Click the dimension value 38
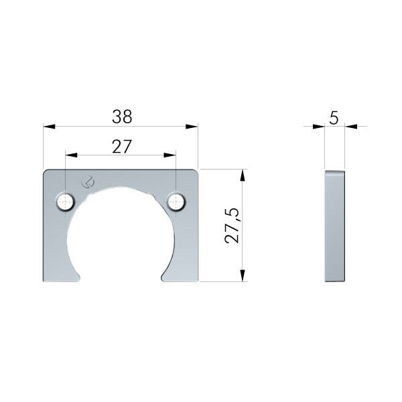tap(122, 117)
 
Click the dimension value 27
tap(122, 147)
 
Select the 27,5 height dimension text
tap(232, 226)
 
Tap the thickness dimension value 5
tap(334, 118)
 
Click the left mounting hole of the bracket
tap(66, 202)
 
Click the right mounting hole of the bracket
tap(176, 202)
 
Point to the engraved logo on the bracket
tap(88, 182)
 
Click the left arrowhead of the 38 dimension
tap(49, 127)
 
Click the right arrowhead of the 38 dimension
tap(192, 127)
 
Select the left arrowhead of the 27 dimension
tap(71, 155)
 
